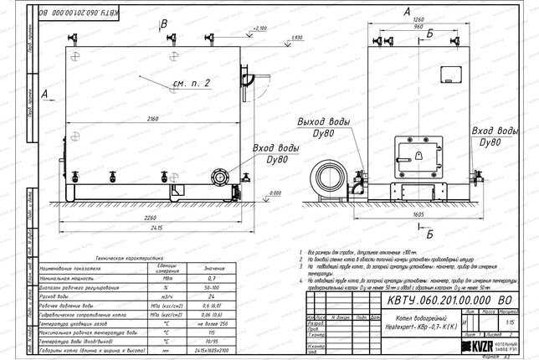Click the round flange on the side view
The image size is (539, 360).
click(x=222, y=178)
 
